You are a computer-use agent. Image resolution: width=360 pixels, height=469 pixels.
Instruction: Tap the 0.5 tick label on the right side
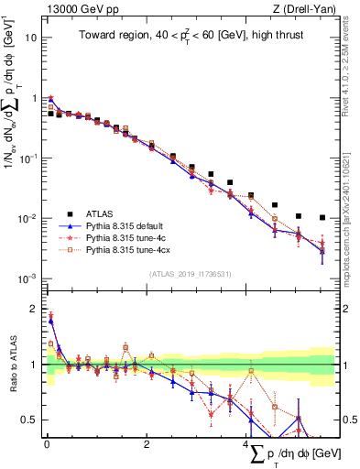coord(348,420)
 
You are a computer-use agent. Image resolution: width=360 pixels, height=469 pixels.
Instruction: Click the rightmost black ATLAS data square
coord(322,218)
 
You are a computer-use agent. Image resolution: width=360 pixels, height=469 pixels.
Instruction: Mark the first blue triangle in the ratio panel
coord(51,322)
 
